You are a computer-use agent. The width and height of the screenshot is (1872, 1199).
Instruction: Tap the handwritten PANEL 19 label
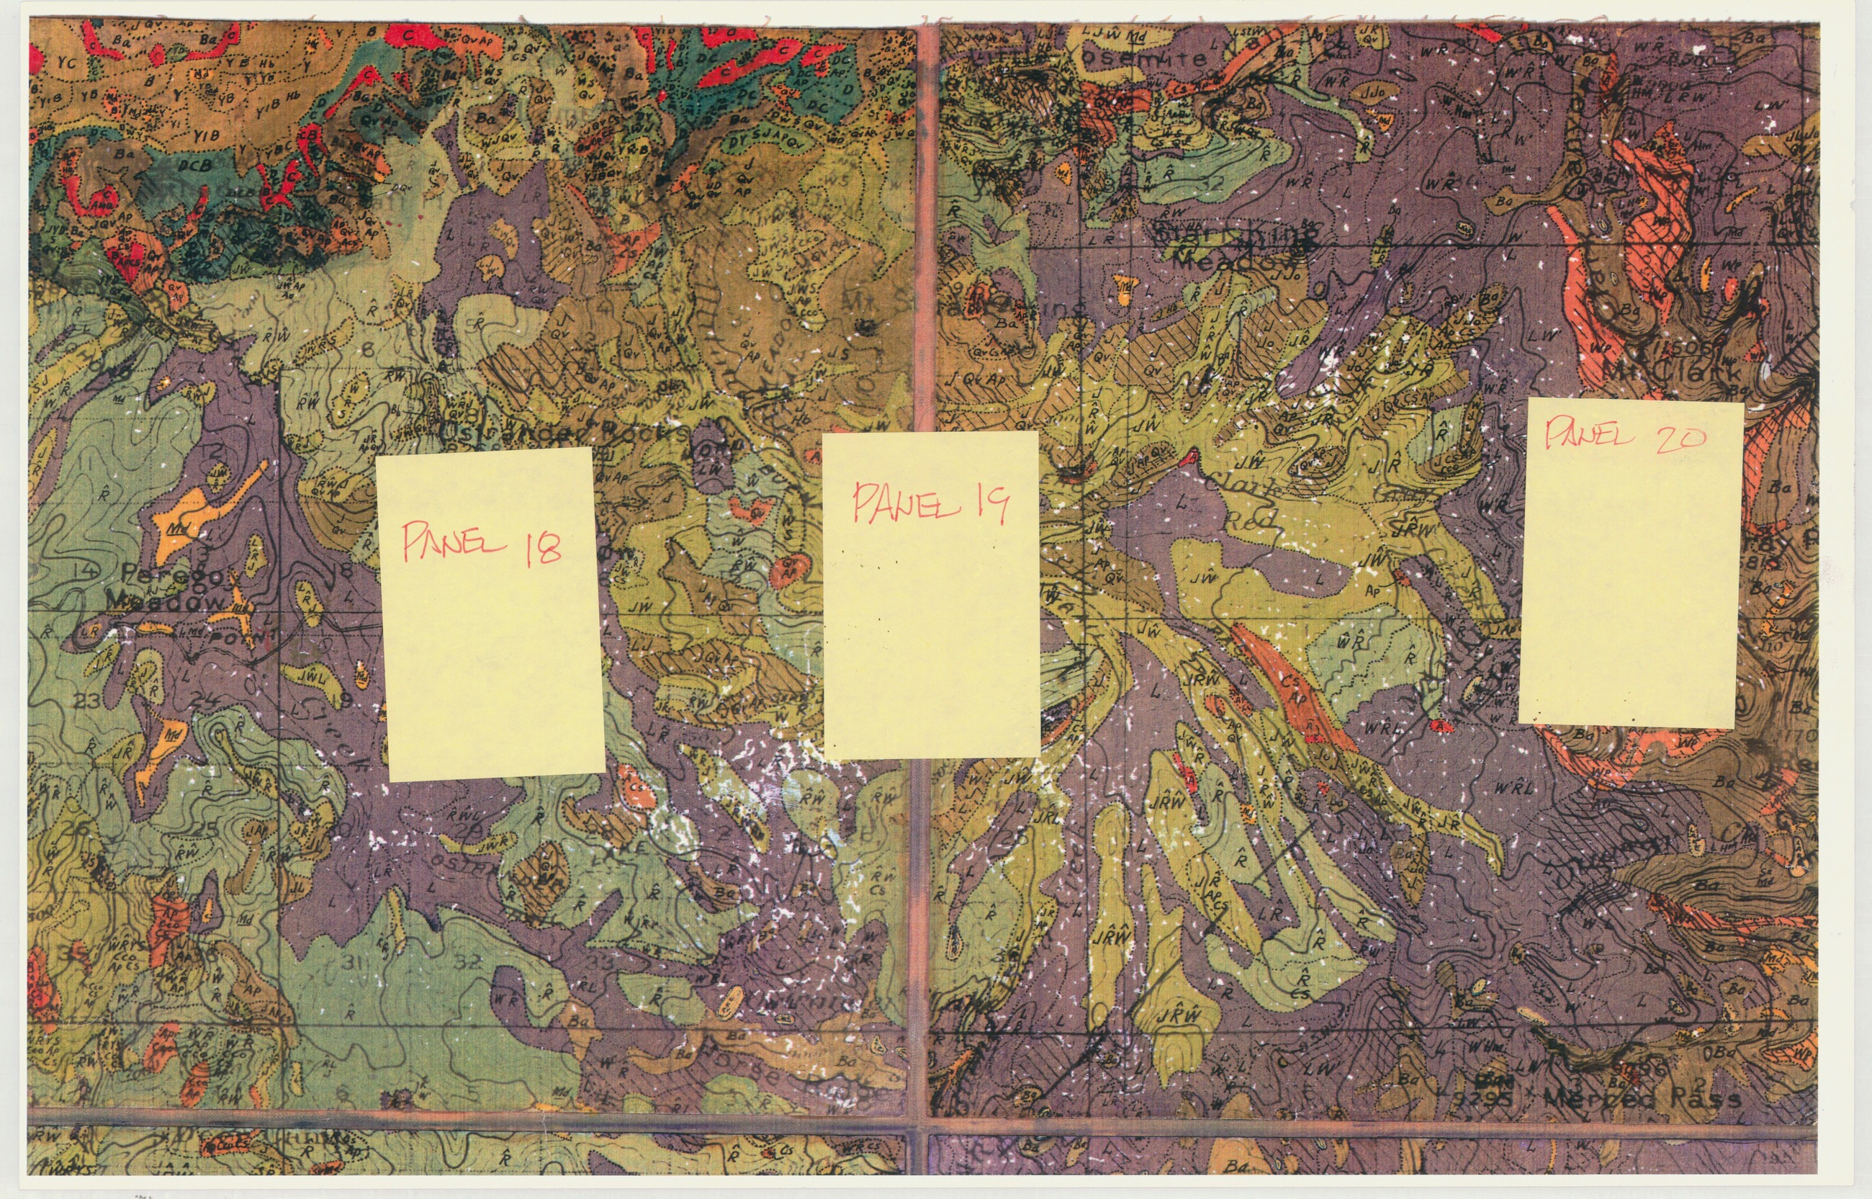tap(931, 502)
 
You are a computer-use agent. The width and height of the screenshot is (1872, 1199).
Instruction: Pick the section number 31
tap(353, 963)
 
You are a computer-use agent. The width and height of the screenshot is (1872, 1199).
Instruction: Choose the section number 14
tap(87, 572)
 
